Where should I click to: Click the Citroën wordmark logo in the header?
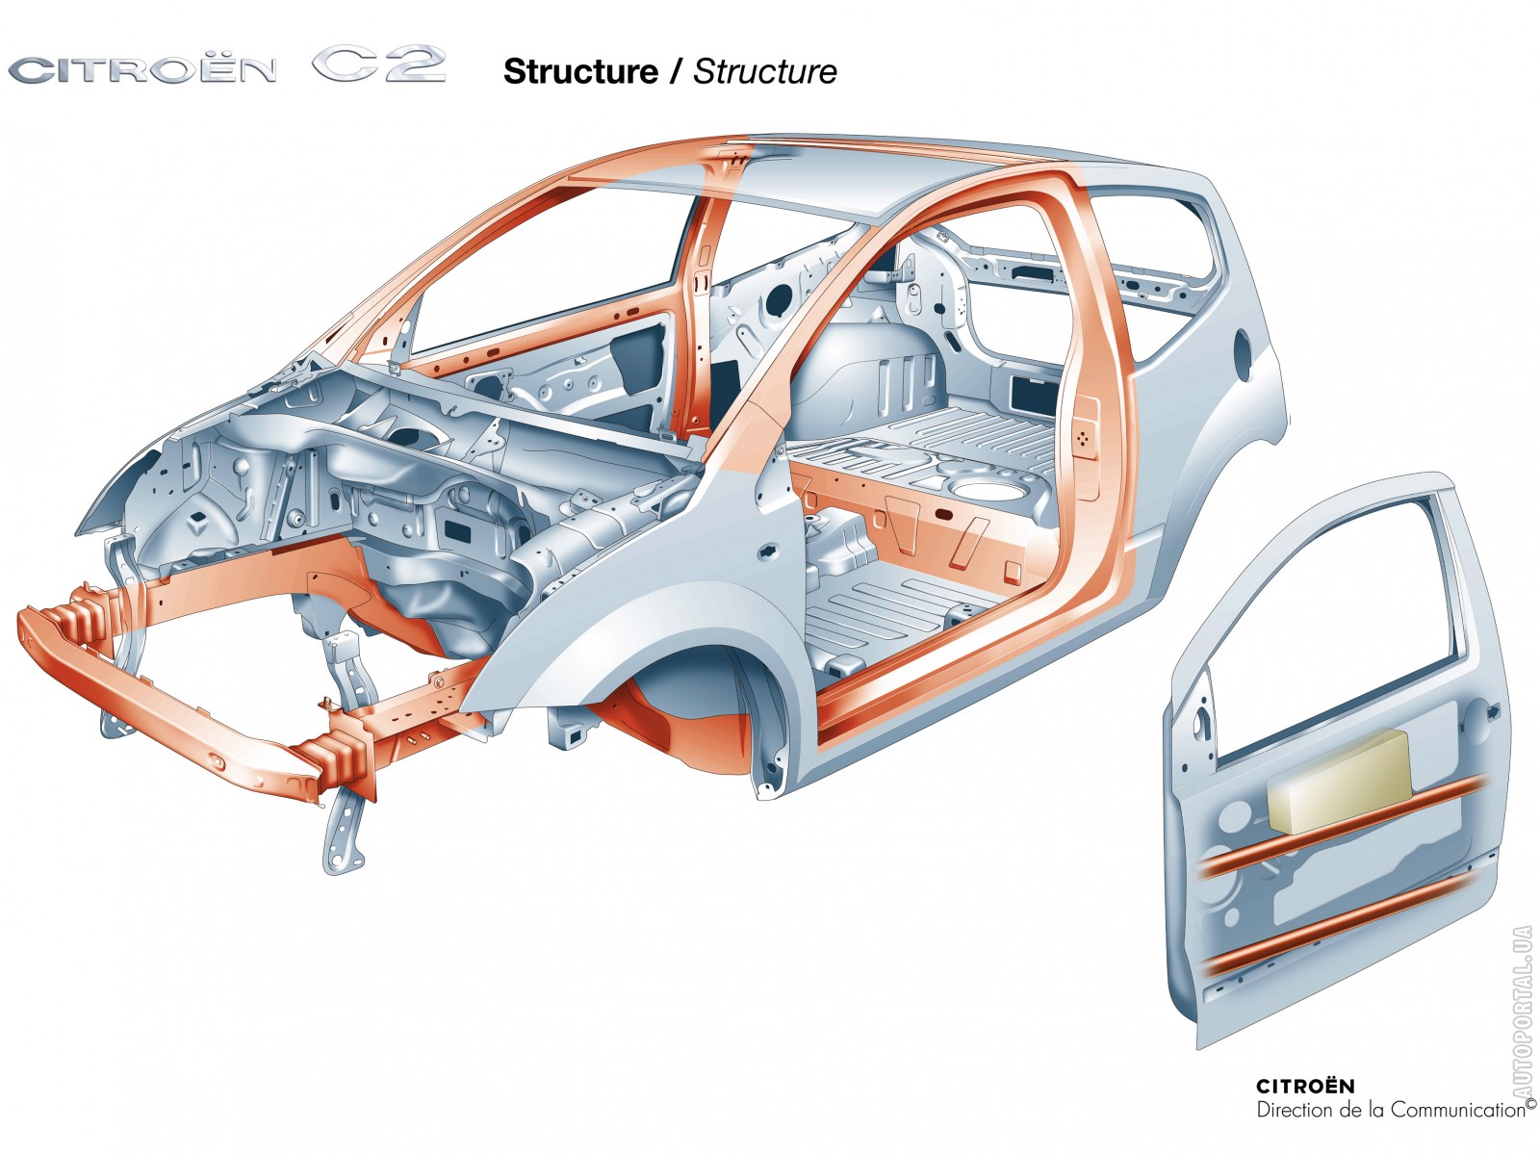[142, 70]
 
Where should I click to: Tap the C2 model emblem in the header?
[378, 65]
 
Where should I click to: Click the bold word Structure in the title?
[580, 71]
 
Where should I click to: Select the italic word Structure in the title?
[765, 71]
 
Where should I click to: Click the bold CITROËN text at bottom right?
[1304, 1087]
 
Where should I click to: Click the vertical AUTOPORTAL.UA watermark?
[1522, 1011]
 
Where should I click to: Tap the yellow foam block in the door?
[1339, 781]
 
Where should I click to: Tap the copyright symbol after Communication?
[1530, 1104]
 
